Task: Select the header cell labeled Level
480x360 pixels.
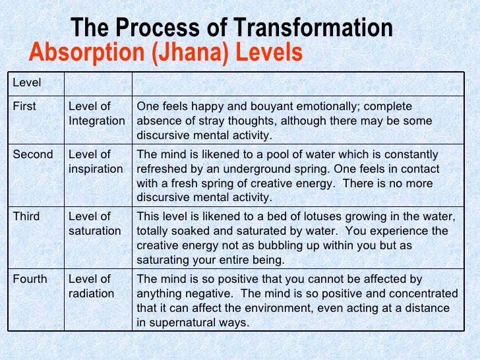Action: [x=27, y=82]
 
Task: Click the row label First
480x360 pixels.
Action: [x=25, y=106]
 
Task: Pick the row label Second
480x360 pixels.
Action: [x=33, y=154]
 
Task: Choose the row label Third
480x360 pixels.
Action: [x=27, y=216]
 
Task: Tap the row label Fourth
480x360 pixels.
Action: [x=30, y=279]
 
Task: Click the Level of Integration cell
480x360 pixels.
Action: [x=96, y=113]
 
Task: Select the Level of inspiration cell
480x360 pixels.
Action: [x=96, y=162]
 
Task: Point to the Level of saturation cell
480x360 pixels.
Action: [x=94, y=224]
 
